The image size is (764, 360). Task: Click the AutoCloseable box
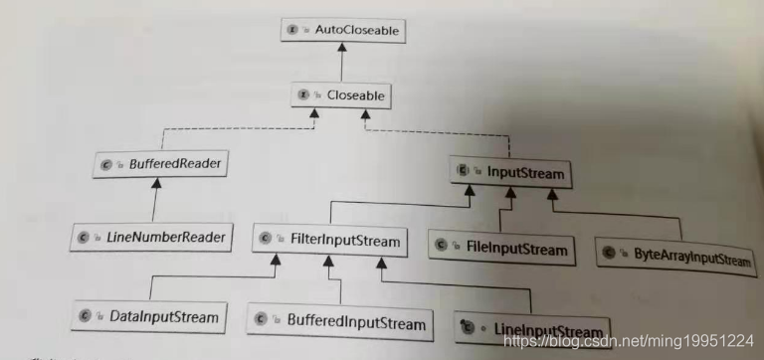343,30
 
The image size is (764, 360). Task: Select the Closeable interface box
341,95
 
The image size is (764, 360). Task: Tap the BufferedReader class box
161,164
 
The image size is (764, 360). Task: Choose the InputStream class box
510,172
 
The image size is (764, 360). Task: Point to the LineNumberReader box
151,238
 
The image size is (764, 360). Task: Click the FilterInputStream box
329,240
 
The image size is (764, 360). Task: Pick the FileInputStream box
501,250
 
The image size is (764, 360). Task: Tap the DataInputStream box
148,317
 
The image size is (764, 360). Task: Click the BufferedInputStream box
339,321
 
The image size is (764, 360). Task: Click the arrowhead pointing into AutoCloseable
342,48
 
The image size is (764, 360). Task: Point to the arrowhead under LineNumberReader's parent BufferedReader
156,183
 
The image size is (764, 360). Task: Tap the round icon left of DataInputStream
85,315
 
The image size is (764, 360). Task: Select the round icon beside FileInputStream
442,245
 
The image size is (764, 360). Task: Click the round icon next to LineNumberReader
83,238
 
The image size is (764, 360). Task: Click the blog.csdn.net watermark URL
629,341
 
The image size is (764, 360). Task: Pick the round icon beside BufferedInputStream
261,319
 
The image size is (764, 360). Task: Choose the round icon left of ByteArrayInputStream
609,252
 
